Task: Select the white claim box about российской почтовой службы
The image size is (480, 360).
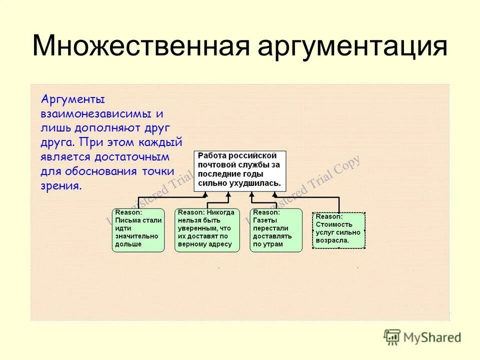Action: (239, 170)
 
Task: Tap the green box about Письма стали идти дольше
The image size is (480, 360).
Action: (138, 230)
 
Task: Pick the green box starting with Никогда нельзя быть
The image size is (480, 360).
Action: (206, 230)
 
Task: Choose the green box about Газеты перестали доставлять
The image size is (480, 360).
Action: (275, 230)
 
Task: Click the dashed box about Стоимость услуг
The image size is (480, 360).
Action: (339, 230)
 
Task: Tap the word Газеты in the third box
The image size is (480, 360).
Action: (265, 220)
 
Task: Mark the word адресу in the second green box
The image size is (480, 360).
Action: (219, 244)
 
